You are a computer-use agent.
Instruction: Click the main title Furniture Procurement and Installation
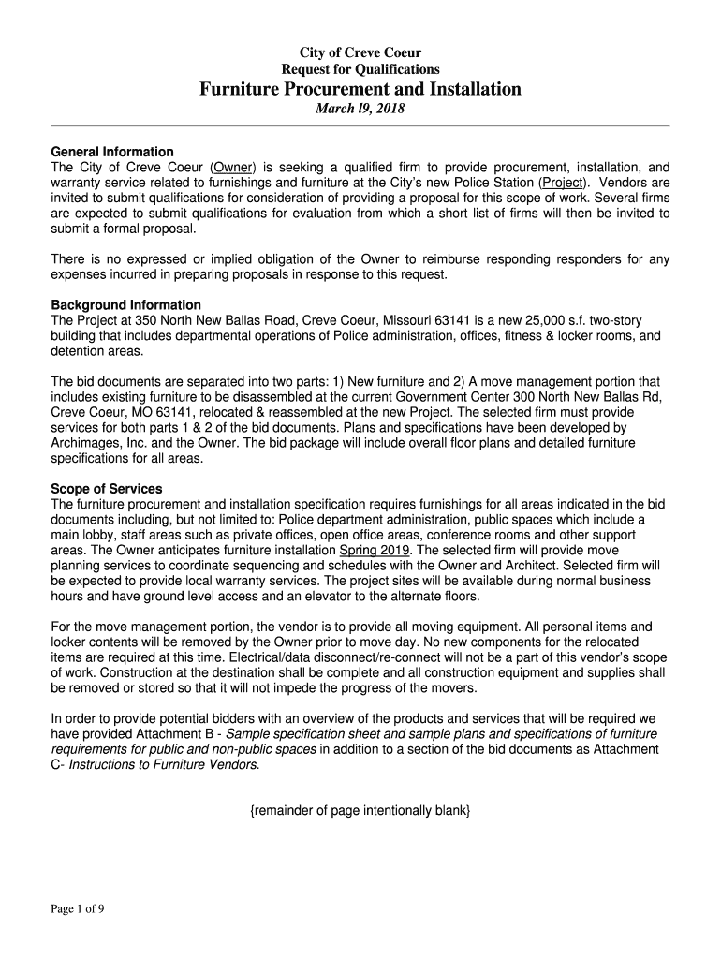[x=360, y=90]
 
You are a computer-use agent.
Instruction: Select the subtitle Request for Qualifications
[x=360, y=69]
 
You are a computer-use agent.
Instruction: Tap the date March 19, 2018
[x=360, y=110]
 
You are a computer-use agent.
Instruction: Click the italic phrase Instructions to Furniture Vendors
[x=164, y=764]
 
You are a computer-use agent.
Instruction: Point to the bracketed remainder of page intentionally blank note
[x=360, y=810]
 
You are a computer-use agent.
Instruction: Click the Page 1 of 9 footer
[x=78, y=907]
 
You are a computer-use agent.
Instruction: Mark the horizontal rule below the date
[x=360, y=125]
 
